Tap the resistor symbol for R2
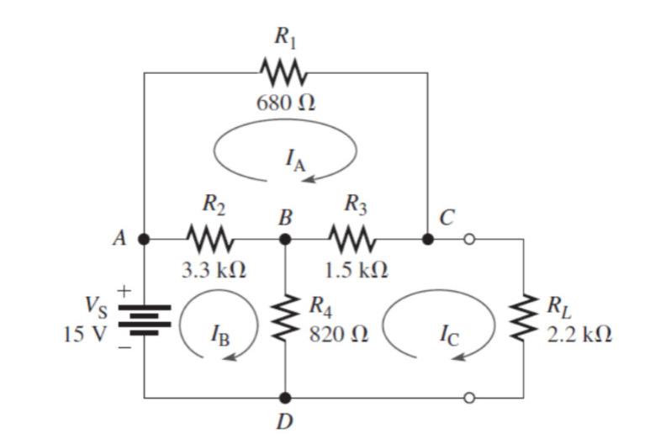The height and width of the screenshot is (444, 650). [x=214, y=239]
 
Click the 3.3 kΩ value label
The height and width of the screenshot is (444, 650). [x=214, y=271]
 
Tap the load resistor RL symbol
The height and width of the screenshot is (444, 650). [x=524, y=318]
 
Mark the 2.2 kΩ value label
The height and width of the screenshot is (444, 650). [x=579, y=335]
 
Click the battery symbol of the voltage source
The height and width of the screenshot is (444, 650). [x=144, y=318]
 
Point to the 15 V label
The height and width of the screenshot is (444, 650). [x=85, y=335]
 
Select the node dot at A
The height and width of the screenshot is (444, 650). [x=144, y=239]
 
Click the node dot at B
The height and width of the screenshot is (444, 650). [x=286, y=239]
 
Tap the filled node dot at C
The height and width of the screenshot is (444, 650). [x=428, y=239]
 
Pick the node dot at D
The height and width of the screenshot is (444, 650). [x=286, y=396]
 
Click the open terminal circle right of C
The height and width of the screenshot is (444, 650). [x=469, y=239]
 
